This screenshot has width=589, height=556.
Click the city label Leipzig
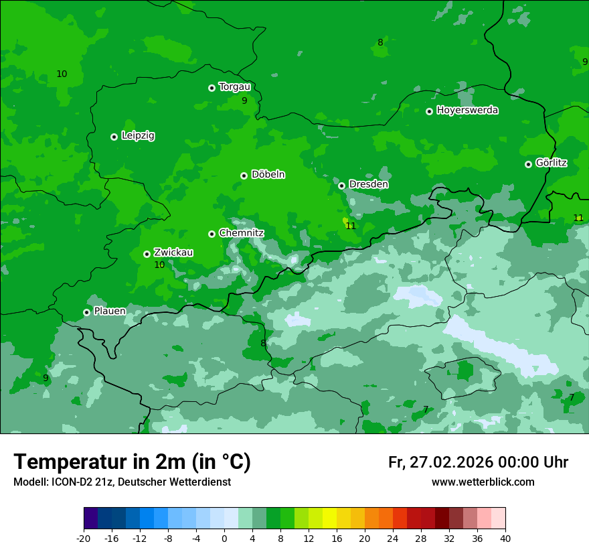[x=138, y=135]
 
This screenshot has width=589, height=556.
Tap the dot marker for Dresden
[x=341, y=186]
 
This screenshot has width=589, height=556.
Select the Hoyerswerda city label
[x=467, y=110]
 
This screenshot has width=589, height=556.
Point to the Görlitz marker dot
[x=528, y=164]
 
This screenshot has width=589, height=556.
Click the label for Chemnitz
[x=241, y=232]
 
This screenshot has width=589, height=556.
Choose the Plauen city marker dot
[x=86, y=312]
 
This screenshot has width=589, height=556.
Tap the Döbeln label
[x=268, y=174]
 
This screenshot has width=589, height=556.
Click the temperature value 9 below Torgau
[x=244, y=100]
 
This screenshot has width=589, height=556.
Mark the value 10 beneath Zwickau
[x=159, y=265]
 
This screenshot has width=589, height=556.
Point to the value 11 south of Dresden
[x=351, y=226]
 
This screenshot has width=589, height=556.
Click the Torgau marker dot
[x=212, y=88]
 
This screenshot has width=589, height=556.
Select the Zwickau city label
[x=173, y=252]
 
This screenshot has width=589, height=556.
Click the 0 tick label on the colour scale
[x=224, y=538]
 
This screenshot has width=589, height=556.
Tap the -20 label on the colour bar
[x=84, y=538]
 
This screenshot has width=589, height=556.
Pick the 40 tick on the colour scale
[x=505, y=538]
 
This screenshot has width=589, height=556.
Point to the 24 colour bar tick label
[x=393, y=538]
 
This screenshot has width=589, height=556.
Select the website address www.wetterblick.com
[x=483, y=482]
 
